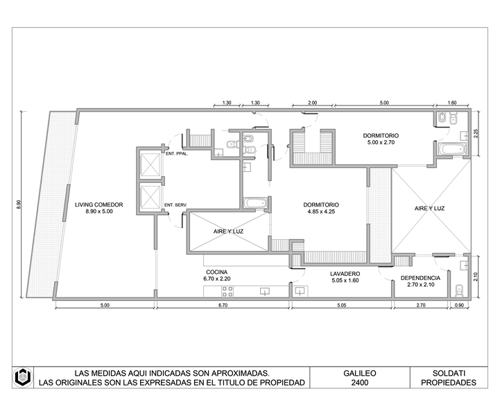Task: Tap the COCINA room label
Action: click(x=217, y=272)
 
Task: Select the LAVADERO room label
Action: click(x=345, y=273)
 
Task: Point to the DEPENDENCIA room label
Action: click(x=420, y=278)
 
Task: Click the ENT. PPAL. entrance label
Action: click(x=177, y=154)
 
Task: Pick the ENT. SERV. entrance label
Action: click(x=175, y=205)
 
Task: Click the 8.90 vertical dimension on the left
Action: click(x=19, y=205)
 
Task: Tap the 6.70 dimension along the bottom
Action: click(x=223, y=305)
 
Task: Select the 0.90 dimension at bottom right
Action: click(x=459, y=305)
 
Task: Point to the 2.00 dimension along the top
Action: click(x=313, y=103)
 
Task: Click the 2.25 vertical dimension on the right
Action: click(x=476, y=133)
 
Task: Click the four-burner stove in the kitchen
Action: click(x=227, y=291)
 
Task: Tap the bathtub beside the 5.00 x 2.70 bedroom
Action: click(x=452, y=149)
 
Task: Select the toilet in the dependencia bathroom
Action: click(x=459, y=289)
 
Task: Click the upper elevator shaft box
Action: click(x=150, y=164)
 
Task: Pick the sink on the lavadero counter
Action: click(x=300, y=291)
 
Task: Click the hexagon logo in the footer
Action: click(x=23, y=377)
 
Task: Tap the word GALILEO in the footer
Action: click(x=360, y=373)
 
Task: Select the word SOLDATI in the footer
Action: click(x=449, y=373)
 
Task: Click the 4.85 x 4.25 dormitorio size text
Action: click(x=321, y=211)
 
